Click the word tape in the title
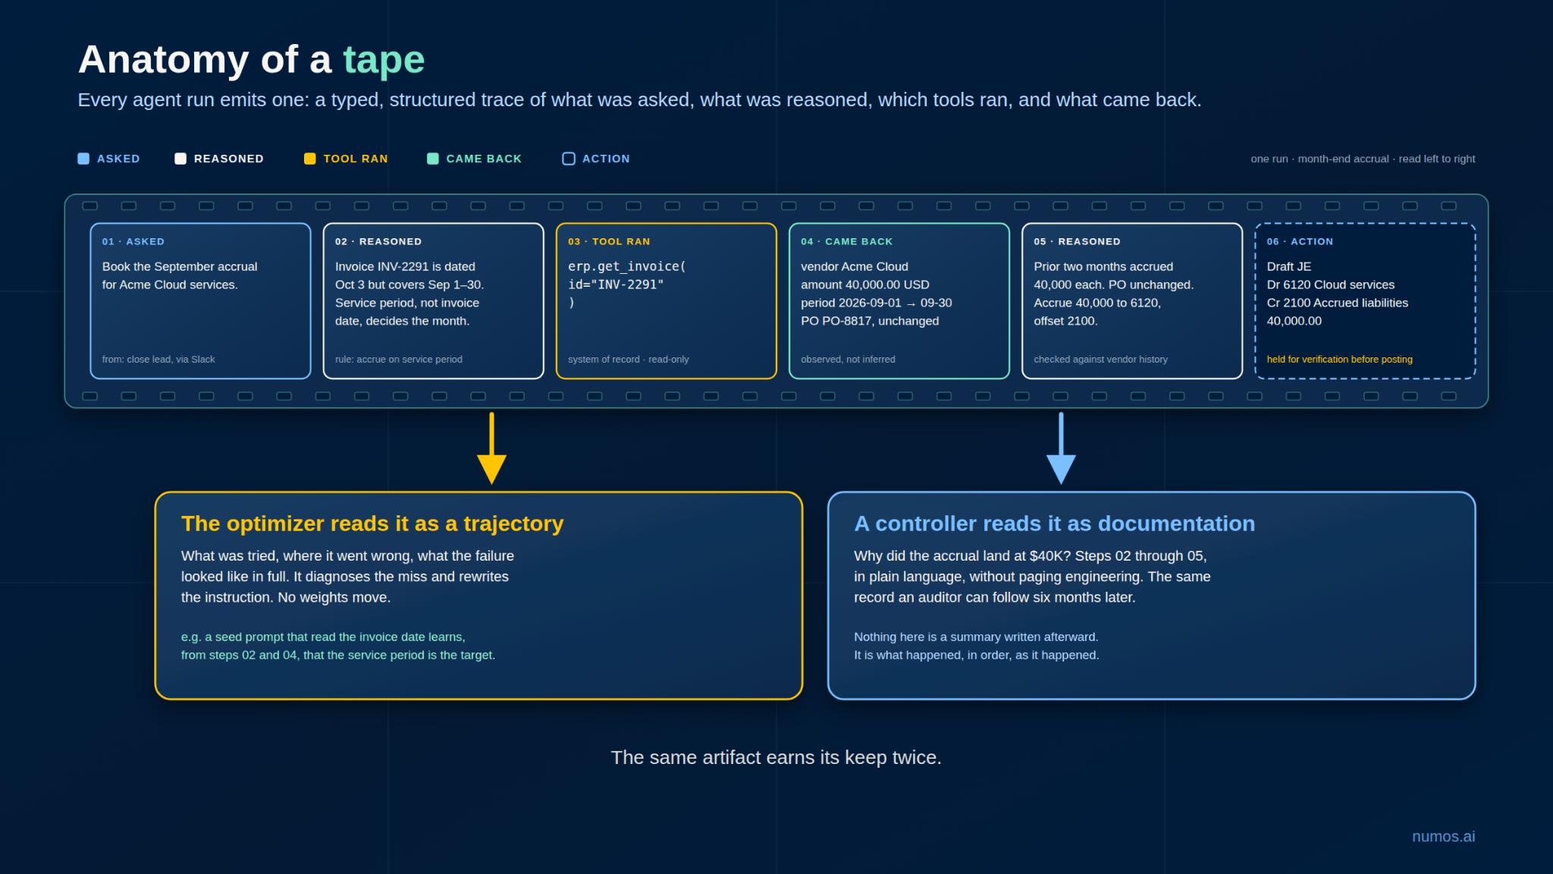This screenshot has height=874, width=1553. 384,60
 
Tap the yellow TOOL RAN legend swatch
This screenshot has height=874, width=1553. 309,159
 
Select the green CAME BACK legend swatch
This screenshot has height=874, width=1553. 432,159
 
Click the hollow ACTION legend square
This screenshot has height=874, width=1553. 569,159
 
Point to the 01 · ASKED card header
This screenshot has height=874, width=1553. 133,241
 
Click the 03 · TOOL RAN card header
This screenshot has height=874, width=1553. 609,241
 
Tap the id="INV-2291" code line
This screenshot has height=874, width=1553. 616,285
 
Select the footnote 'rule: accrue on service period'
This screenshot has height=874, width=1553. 399,360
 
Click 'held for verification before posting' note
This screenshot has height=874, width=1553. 1340,360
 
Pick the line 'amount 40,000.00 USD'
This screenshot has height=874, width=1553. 865,285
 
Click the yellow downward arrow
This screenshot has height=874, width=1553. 491,448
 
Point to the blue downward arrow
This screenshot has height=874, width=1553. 1061,448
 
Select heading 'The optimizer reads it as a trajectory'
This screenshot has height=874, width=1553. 372,523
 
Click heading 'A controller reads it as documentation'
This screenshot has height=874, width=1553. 1055,523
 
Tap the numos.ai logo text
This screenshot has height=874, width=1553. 1444,836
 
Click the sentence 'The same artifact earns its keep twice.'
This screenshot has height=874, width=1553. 776,757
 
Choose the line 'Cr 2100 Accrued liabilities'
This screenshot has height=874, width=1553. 1338,303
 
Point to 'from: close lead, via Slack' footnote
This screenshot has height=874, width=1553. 158,360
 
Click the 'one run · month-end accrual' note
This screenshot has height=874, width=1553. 1320,159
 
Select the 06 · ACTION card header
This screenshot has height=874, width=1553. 1300,241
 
